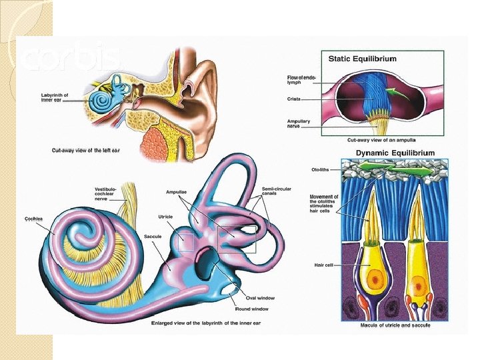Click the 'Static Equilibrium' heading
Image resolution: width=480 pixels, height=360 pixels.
[362, 59]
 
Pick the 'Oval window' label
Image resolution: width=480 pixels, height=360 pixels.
[261, 298]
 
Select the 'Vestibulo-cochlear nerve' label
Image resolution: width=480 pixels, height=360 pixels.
[106, 193]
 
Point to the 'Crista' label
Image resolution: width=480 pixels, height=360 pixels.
[293, 99]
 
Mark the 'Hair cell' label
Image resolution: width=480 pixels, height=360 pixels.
[323, 265]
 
